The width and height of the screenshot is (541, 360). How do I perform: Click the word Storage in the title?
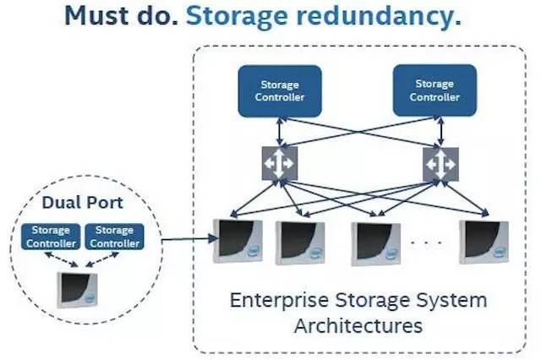(237, 17)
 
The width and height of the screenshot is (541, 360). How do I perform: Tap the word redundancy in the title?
(379, 17)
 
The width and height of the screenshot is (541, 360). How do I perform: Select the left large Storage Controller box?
(280, 91)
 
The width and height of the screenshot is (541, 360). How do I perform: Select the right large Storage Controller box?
(434, 90)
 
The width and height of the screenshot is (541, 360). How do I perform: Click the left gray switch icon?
(280, 163)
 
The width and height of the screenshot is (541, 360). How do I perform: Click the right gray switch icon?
(440, 165)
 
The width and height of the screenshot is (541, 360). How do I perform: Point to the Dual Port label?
(83, 203)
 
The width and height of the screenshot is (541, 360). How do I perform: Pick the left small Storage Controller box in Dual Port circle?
(51, 237)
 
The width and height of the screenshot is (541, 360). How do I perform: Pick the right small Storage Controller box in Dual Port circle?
(115, 237)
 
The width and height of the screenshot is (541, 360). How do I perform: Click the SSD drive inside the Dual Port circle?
(78, 290)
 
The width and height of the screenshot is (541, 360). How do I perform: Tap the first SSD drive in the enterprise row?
(238, 241)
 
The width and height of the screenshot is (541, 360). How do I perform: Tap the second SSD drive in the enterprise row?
(300, 243)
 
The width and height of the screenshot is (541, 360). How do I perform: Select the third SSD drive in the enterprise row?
(375, 244)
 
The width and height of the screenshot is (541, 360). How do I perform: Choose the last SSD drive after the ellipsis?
(484, 243)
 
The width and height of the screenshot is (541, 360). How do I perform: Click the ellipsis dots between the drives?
(426, 243)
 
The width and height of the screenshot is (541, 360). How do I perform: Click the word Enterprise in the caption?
(279, 300)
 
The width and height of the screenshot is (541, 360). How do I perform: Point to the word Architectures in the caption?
(358, 326)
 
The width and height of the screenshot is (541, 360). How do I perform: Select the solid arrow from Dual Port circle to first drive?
(189, 238)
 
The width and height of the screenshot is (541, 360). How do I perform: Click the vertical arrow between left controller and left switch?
(280, 132)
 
